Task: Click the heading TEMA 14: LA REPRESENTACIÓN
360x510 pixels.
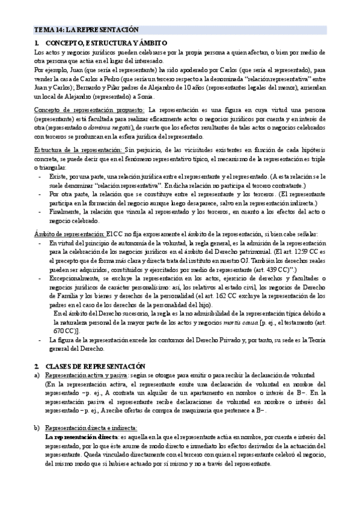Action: point(86,29)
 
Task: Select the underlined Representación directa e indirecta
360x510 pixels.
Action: point(93,419)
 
